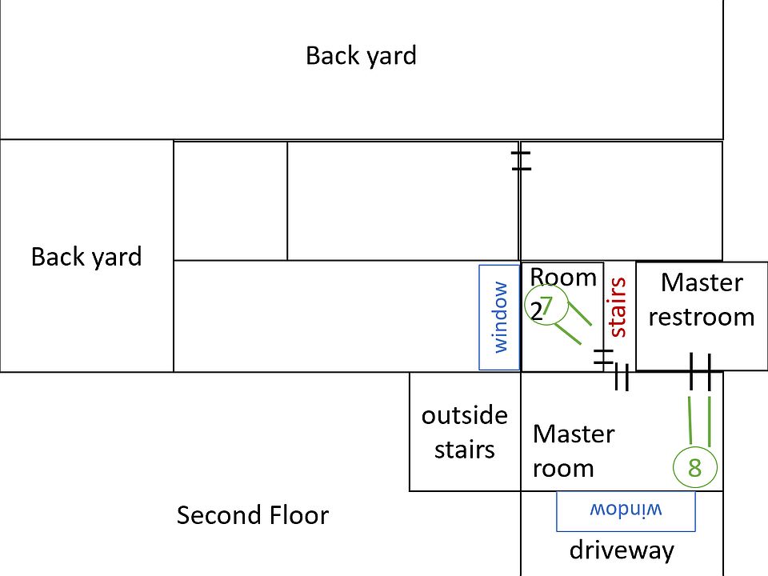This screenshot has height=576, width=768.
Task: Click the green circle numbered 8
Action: tap(694, 468)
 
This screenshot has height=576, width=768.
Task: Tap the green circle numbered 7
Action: tap(547, 306)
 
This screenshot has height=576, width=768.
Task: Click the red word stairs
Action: tap(616, 306)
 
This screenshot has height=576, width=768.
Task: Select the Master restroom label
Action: tap(702, 299)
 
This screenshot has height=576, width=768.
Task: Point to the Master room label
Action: tap(573, 450)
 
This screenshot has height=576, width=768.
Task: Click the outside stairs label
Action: tap(464, 432)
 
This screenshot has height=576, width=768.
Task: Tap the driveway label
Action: tap(622, 550)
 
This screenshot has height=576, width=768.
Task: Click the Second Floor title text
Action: tap(252, 514)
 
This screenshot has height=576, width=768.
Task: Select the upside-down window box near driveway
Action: tap(626, 510)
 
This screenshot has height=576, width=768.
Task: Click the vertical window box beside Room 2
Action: tap(499, 318)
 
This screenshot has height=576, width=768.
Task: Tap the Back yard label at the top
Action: tap(361, 56)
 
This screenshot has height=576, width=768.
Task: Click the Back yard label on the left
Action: tap(86, 257)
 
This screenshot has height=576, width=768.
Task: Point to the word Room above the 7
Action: tap(564, 278)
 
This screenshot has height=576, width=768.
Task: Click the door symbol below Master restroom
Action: tap(700, 372)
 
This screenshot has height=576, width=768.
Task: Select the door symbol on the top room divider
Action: tap(521, 159)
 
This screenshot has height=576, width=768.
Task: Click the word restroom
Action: tap(702, 317)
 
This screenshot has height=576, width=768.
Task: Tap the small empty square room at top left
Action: tap(230, 201)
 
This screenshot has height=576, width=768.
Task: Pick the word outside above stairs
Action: tap(464, 415)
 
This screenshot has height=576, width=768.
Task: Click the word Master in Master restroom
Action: tap(702, 282)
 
